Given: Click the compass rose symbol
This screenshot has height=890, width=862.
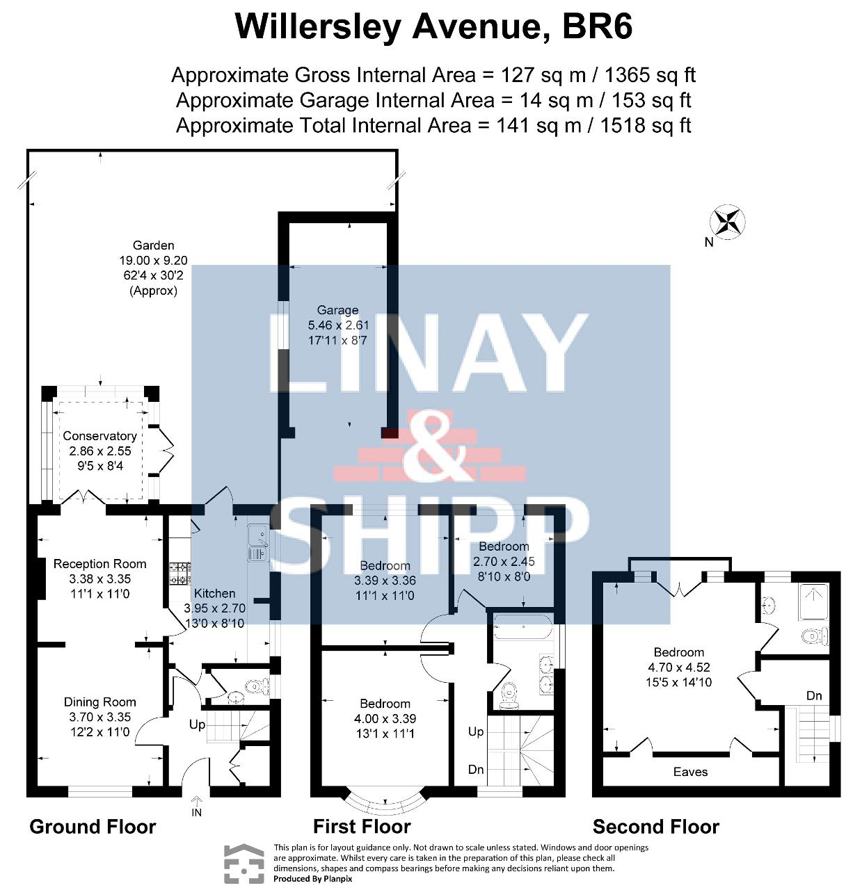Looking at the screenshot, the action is pos(727,222).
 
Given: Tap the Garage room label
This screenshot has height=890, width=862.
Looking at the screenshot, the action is pos(337,310).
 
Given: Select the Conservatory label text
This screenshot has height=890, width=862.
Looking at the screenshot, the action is pos(99,436).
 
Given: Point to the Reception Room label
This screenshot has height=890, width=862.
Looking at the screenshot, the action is pos(99,564).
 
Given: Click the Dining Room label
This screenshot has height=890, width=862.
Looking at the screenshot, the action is pos(99,702).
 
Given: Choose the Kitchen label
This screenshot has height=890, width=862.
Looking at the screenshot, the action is pos(214,594).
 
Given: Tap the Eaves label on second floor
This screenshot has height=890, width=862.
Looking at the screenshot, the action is pos(690,772).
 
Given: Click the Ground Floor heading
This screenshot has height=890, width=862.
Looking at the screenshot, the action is pos(93,827).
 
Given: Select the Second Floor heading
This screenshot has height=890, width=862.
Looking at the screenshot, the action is pos(655,827).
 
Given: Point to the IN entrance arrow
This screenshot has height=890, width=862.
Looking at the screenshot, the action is pos(197,800).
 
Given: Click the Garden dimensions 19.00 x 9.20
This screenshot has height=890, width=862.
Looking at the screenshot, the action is pos(153,261).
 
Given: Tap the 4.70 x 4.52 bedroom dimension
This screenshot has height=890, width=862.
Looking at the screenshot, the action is pos(678,667).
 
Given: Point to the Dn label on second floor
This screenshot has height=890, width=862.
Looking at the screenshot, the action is pos(814,695).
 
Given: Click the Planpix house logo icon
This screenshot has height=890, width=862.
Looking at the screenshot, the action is pos(244,864).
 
